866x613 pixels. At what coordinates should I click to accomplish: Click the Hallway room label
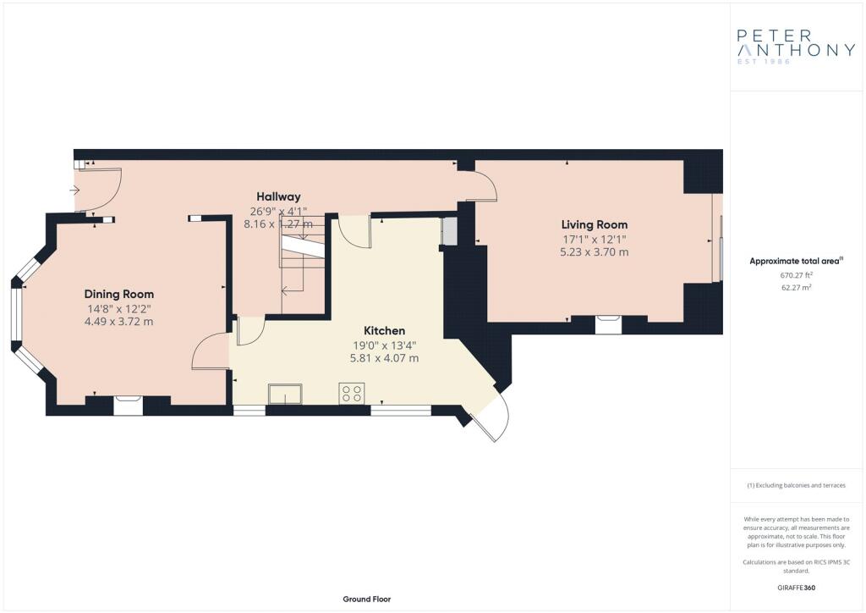278,196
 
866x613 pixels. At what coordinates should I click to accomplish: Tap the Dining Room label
118,294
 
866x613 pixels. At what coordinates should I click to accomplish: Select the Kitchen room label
385,330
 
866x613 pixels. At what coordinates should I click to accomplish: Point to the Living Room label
595,224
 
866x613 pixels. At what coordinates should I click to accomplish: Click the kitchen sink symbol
285,394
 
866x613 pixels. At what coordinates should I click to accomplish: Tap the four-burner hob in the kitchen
352,393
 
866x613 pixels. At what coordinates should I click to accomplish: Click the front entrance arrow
74,191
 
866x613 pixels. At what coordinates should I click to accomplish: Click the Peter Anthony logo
796,47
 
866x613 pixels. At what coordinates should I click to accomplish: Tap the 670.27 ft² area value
796,274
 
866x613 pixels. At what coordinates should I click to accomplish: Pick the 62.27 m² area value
796,287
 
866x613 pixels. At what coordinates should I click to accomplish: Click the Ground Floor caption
367,599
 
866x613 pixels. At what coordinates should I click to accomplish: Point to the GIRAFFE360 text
796,588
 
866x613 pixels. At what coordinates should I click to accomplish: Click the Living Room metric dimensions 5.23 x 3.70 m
595,252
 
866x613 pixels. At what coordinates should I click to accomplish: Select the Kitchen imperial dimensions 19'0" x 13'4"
385,345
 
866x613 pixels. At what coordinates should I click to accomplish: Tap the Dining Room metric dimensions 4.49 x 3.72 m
118,322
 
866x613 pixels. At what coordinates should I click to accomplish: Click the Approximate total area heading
796,261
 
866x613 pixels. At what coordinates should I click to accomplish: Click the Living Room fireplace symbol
608,324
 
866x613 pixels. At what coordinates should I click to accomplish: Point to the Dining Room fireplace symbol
129,406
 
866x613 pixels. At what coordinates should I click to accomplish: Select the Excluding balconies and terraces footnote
796,485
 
